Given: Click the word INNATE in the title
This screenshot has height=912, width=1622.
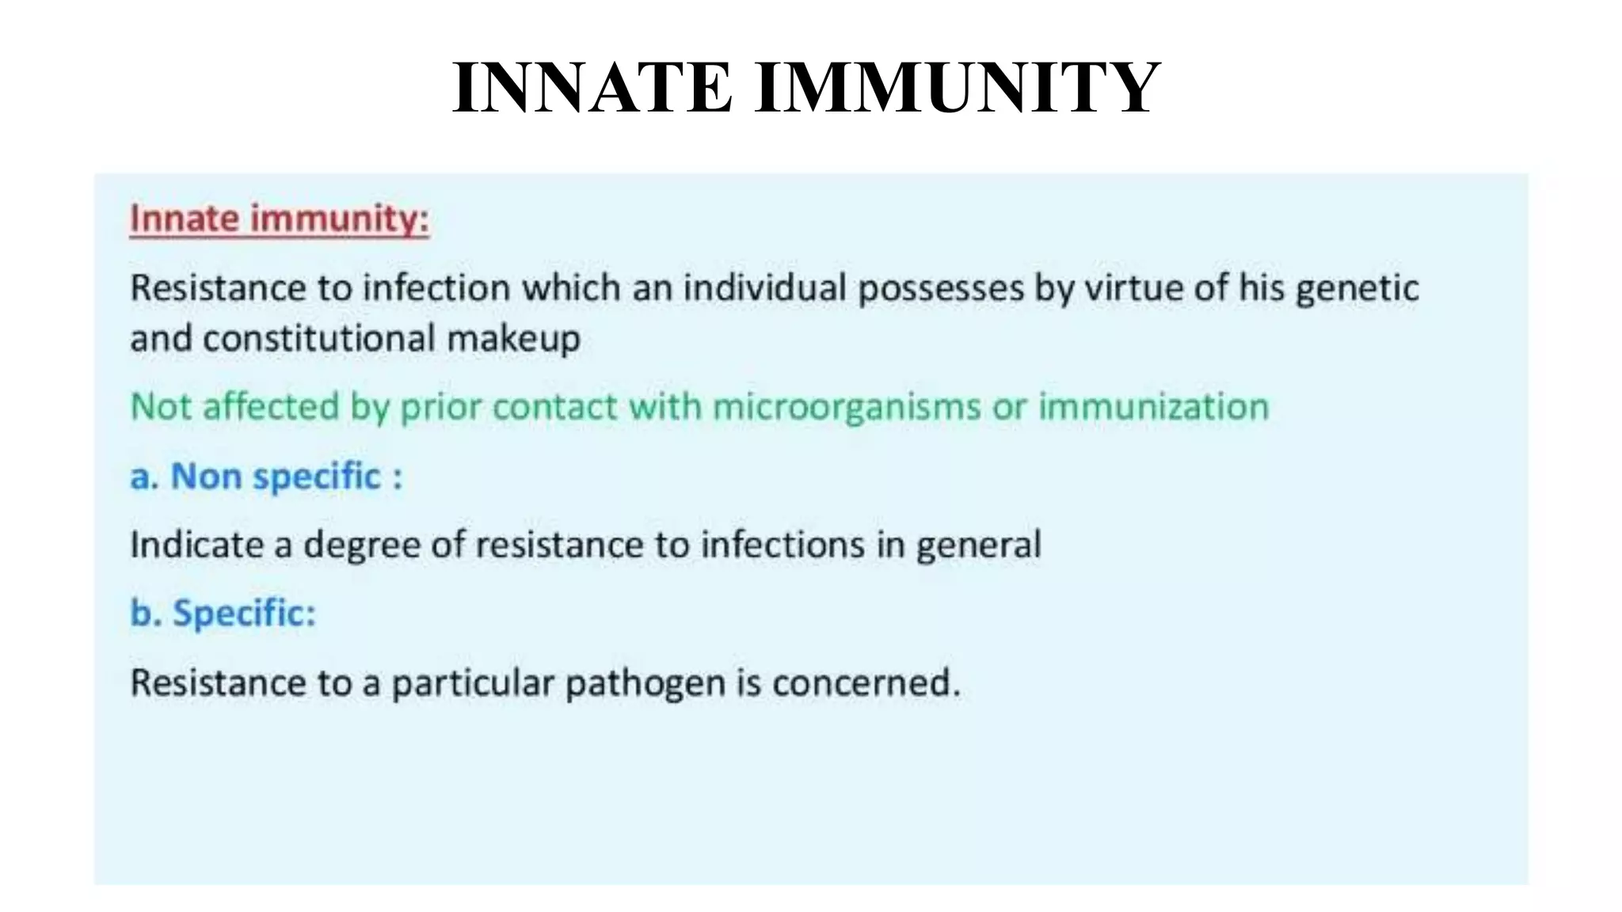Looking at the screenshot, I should point(592,88).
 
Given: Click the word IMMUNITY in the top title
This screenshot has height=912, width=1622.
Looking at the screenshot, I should point(958,88).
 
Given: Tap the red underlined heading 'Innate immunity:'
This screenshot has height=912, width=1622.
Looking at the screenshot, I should point(279,218).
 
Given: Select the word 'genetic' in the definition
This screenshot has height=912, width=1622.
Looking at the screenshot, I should point(1357,288).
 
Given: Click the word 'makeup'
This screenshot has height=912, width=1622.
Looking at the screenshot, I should point(513,339).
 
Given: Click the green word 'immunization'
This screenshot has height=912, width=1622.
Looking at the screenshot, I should point(1153,407).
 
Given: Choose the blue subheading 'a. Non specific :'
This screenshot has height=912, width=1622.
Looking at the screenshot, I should point(266,477).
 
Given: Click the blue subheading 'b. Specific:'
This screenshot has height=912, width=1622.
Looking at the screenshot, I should point(223,614).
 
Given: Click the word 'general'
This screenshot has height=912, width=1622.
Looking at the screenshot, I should point(978,545).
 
